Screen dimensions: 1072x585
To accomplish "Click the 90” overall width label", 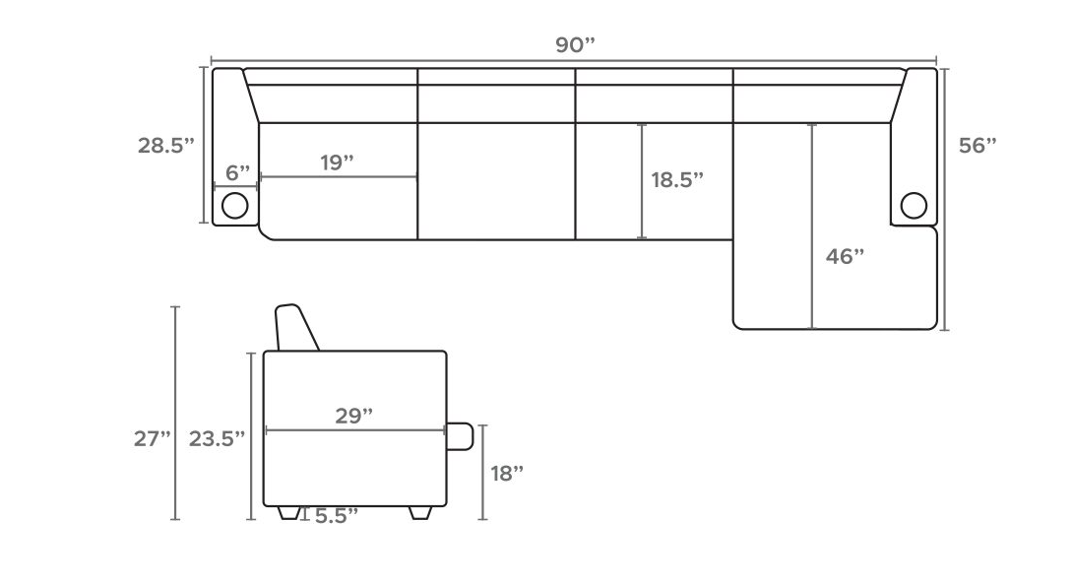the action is coord(575,45).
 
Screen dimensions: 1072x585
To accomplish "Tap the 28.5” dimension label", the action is coord(166,146).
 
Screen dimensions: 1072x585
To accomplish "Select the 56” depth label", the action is coord(977,146).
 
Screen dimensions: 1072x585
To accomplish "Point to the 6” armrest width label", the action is coord(237,173).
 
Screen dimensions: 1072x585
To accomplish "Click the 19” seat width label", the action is coord(337,162).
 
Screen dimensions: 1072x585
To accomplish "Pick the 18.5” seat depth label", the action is coord(677,180).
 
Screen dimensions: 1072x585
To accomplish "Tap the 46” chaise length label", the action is coord(845,257).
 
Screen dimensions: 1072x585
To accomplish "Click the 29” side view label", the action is coord(353,416).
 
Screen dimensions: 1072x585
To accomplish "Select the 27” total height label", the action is coord(152,438).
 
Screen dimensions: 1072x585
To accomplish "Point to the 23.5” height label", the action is coord(217,438).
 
